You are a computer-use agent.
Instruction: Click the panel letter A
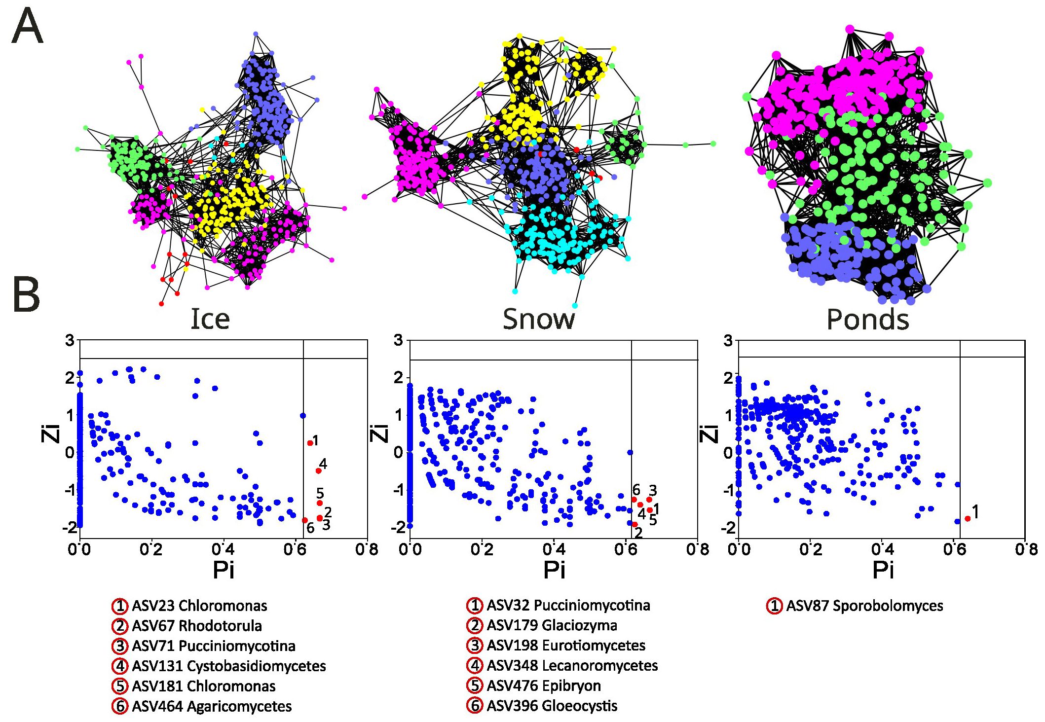[27, 27]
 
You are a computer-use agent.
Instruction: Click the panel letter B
[26, 294]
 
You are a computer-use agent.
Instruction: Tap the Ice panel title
[210, 319]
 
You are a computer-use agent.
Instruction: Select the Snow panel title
[538, 319]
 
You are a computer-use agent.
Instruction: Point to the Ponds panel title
[867, 319]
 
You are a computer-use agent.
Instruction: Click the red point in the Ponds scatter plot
[967, 518]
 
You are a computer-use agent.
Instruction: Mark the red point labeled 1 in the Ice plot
[310, 443]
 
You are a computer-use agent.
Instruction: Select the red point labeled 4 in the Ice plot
[318, 470]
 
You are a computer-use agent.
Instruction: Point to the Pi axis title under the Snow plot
[554, 571]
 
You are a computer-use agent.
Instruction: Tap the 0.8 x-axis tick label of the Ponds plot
[1026, 549]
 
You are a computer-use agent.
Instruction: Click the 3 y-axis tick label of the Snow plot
[398, 340]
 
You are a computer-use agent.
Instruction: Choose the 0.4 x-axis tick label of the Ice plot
[223, 549]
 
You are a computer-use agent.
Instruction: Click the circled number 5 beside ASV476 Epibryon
[475, 686]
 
